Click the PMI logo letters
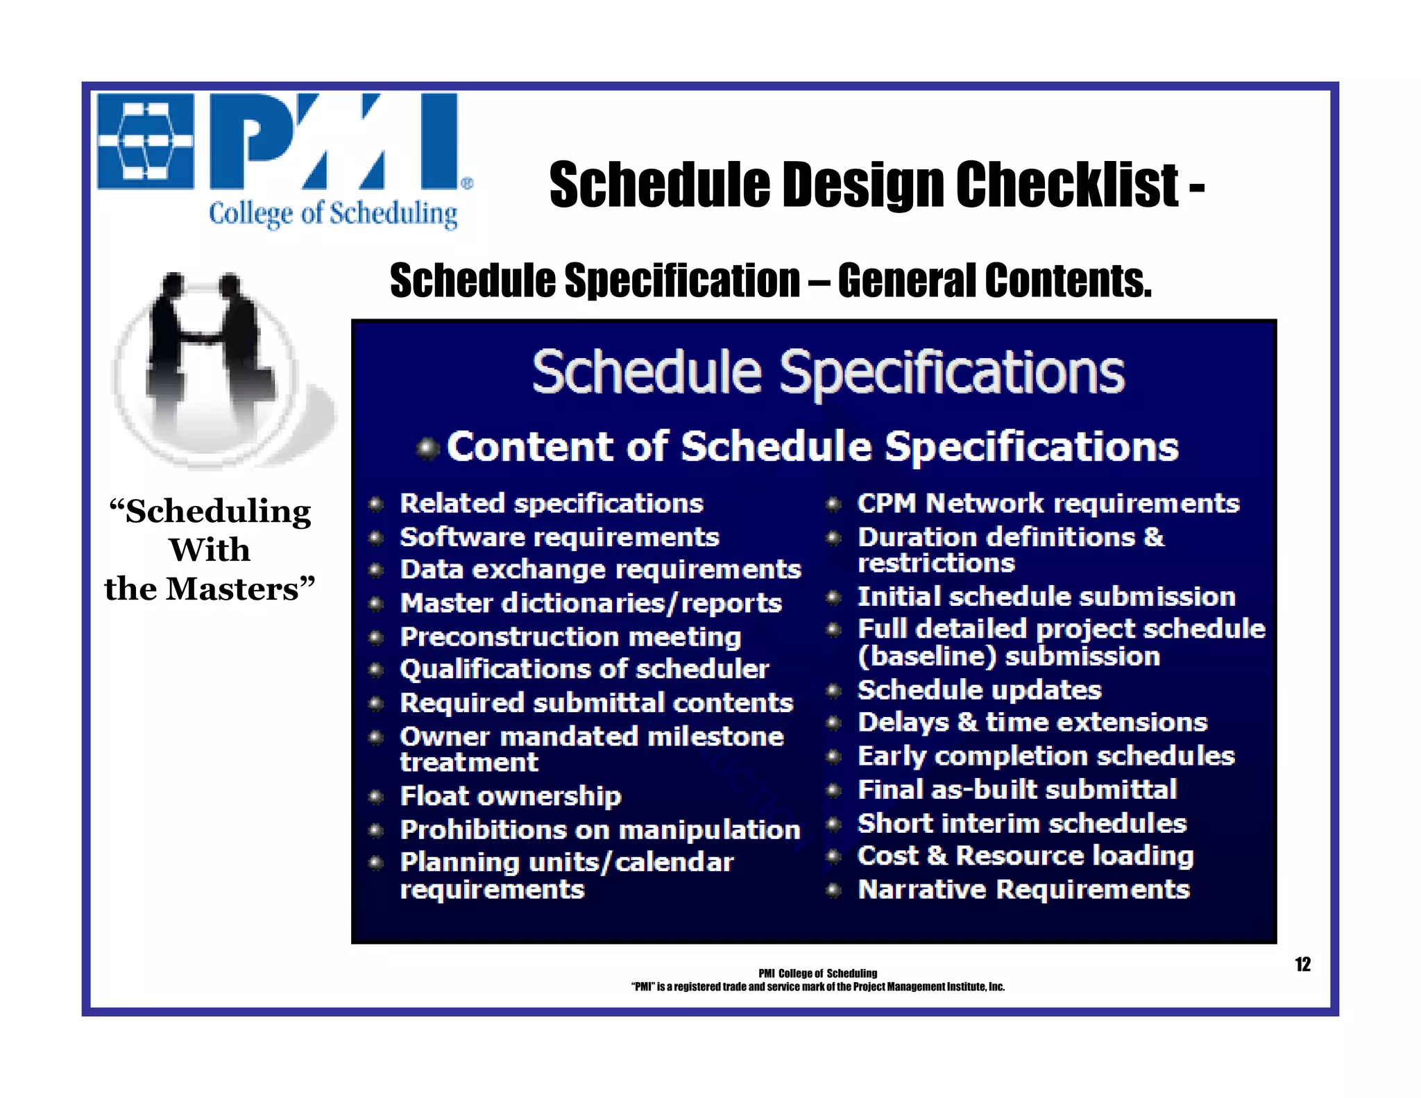[x=333, y=142]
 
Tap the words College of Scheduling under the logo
[x=333, y=213]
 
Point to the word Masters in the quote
[x=232, y=589]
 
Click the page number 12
[x=1302, y=964]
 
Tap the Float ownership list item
[x=511, y=796]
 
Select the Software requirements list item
[x=559, y=537]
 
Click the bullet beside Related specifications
[x=376, y=504]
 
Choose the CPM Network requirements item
[x=1048, y=503]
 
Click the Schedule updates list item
[x=979, y=690]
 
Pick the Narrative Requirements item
[x=1023, y=889]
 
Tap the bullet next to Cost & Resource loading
[x=834, y=856]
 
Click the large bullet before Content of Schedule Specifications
[x=428, y=448]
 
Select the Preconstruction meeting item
[x=570, y=636]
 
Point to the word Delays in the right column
[x=903, y=723]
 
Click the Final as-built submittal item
[x=1017, y=789]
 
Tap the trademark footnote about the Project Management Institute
[x=817, y=987]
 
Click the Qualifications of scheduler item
[x=584, y=669]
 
